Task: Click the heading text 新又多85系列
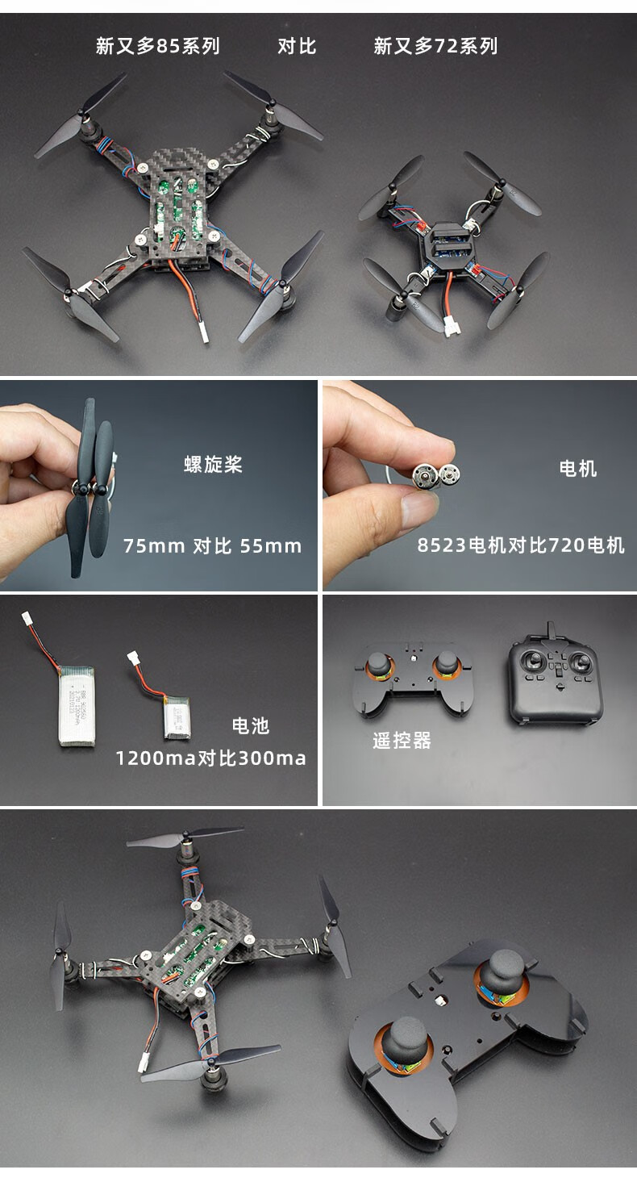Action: click(157, 46)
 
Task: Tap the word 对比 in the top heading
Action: click(297, 46)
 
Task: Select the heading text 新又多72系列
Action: click(435, 46)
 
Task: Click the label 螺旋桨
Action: click(213, 465)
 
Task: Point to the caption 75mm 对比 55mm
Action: click(212, 546)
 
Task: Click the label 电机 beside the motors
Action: click(578, 469)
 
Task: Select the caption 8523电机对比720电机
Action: click(521, 546)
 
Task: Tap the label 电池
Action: click(250, 726)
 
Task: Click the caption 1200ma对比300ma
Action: click(210, 758)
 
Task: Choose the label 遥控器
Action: click(402, 741)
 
